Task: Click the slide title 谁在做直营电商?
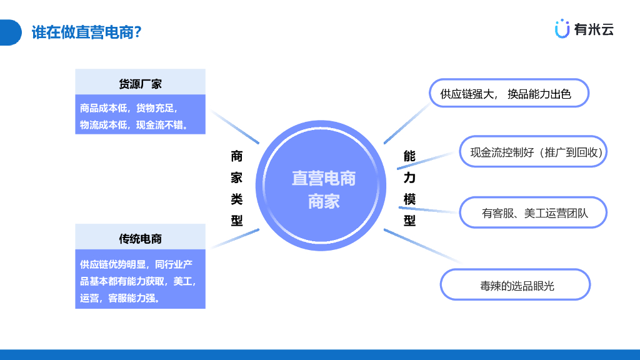pos(86,32)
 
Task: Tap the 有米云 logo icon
pos(562,28)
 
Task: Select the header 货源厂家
pos(140,84)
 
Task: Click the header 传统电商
pos(140,239)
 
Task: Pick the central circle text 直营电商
pos(323,179)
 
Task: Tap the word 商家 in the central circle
pos(323,201)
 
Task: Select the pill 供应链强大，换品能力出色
pos(509,94)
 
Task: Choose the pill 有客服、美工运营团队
pos(534,213)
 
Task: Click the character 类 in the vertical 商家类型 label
pos(237,199)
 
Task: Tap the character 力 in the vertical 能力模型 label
pos(409,177)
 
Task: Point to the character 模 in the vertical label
pos(409,199)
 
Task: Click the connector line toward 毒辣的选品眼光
pos(421,245)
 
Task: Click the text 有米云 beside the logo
pos(594,29)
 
